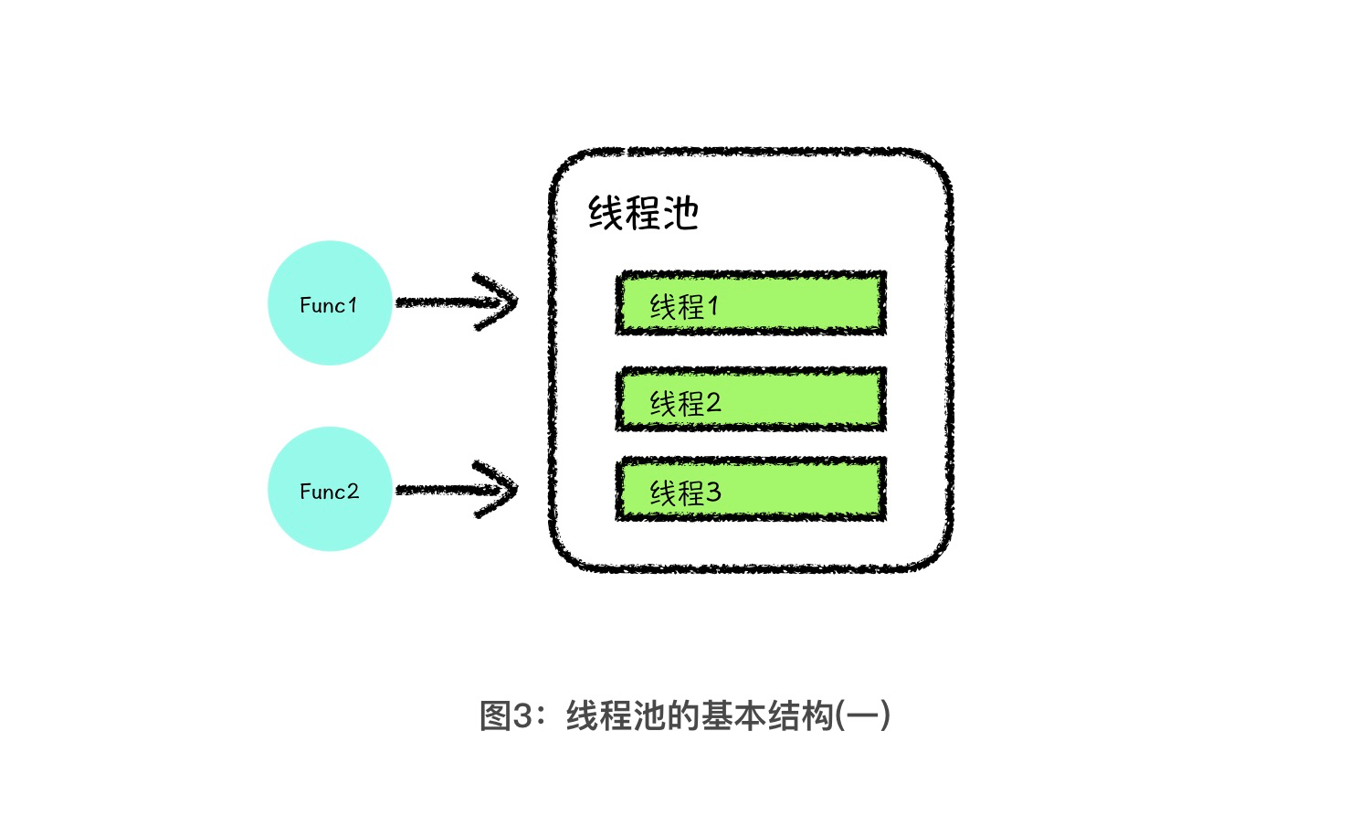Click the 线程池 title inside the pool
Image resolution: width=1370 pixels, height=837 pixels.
click(x=643, y=214)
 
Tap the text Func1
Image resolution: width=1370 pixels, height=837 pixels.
click(x=328, y=305)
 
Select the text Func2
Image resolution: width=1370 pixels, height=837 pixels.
click(x=329, y=492)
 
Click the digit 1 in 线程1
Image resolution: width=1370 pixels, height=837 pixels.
click(x=713, y=306)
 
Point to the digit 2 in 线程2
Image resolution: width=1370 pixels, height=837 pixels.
click(x=713, y=402)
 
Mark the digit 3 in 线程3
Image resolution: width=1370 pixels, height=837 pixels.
click(x=713, y=493)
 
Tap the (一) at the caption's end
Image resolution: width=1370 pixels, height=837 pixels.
click(x=863, y=715)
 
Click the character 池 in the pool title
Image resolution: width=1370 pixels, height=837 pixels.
click(x=681, y=214)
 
